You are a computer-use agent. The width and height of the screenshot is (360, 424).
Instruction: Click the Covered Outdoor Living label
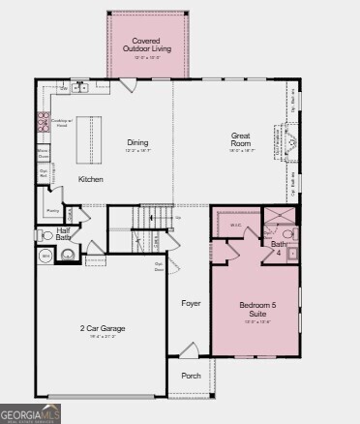[147, 44]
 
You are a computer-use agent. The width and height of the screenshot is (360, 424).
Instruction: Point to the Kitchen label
[91, 179]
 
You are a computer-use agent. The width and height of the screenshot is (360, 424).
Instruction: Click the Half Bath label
[63, 233]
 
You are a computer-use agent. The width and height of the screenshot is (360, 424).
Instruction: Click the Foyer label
[192, 303]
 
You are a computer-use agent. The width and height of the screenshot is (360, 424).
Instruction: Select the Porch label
[192, 376]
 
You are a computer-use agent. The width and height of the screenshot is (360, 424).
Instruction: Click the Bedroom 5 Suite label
[258, 310]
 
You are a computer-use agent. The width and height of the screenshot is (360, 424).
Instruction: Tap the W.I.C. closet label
[235, 226]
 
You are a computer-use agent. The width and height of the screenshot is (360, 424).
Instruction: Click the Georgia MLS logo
[31, 414]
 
